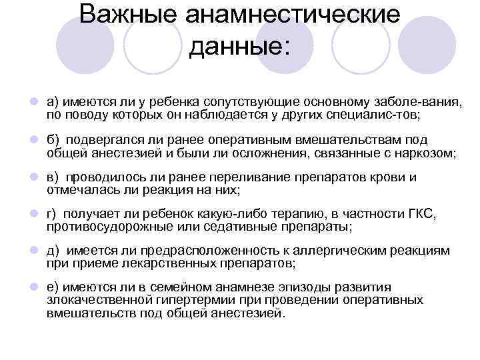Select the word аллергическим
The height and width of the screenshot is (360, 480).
tap(359, 251)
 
